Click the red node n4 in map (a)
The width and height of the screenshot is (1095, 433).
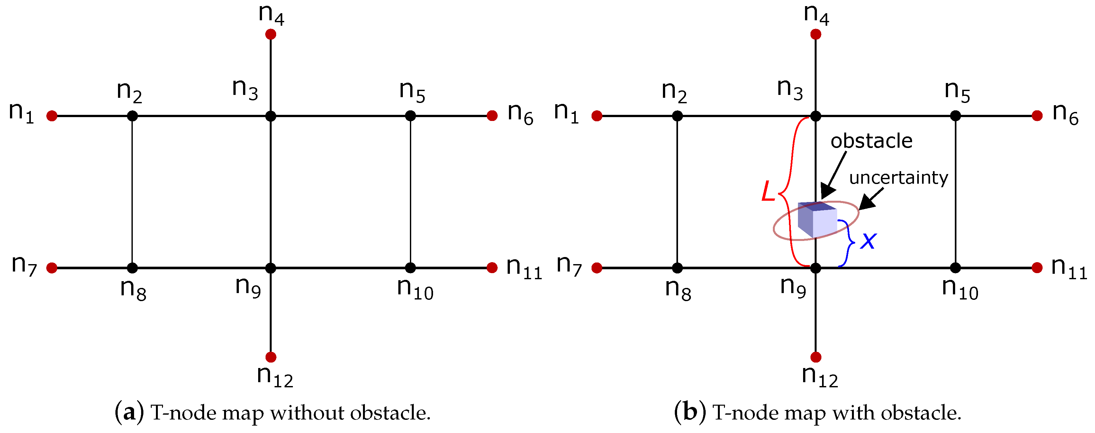pyautogui.click(x=270, y=34)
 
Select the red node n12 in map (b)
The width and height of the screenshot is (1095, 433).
pyautogui.click(x=815, y=357)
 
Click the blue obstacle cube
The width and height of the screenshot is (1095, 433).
pyautogui.click(x=817, y=219)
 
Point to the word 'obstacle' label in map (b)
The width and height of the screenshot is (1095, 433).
pyautogui.click(x=872, y=141)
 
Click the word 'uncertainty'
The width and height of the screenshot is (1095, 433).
pyautogui.click(x=899, y=178)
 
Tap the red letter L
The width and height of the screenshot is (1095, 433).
pyautogui.click(x=768, y=191)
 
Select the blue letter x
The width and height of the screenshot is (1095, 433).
pyautogui.click(x=868, y=241)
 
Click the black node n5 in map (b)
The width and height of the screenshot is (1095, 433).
pyautogui.click(x=955, y=116)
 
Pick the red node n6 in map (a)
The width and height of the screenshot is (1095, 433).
pyautogui.click(x=492, y=116)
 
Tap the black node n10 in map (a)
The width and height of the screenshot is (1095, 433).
pyautogui.click(x=410, y=268)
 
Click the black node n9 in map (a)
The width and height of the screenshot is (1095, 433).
pyautogui.click(x=270, y=268)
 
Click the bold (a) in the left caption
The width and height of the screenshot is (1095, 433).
pyautogui.click(x=129, y=413)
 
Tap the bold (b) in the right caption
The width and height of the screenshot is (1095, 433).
pyautogui.click(x=690, y=413)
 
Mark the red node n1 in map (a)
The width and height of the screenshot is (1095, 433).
pyautogui.click(x=52, y=116)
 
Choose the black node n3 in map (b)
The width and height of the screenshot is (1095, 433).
pyautogui.click(x=815, y=116)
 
